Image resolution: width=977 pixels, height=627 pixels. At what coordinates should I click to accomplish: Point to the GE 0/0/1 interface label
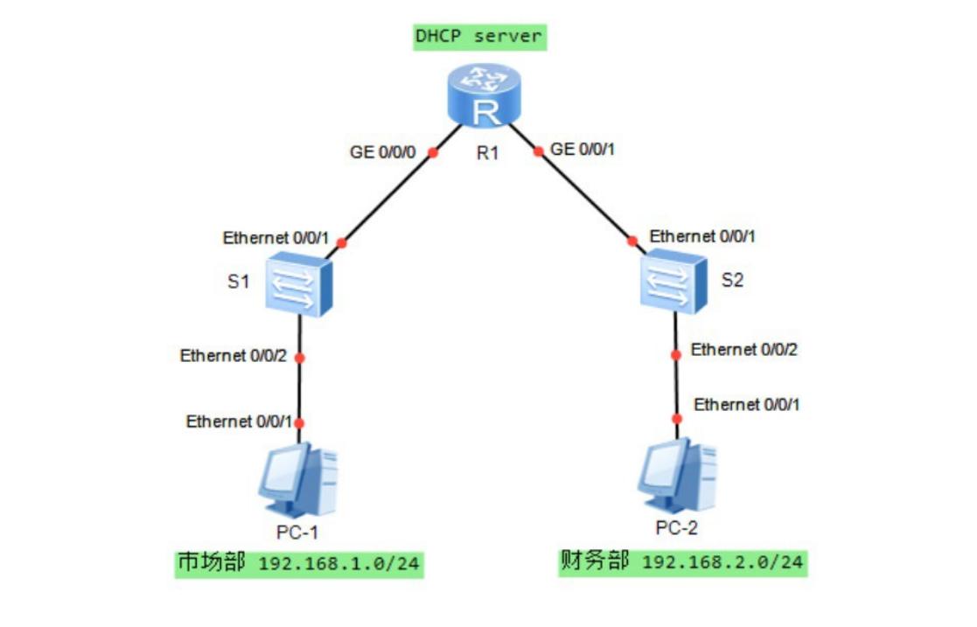click(x=583, y=149)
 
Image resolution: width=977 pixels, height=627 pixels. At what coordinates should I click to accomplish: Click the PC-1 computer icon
click(x=297, y=481)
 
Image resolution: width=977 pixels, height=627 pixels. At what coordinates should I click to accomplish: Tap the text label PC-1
click(x=298, y=533)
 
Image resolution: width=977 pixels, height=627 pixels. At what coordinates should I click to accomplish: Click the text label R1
click(x=487, y=154)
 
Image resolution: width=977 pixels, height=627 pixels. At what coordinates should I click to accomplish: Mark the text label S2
click(x=734, y=282)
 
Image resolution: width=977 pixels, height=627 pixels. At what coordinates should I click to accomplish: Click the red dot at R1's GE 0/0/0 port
click(x=433, y=153)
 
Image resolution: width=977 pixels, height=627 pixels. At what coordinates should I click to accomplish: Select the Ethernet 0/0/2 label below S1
click(x=234, y=356)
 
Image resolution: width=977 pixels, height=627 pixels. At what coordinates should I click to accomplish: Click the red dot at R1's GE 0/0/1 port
click(x=538, y=151)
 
